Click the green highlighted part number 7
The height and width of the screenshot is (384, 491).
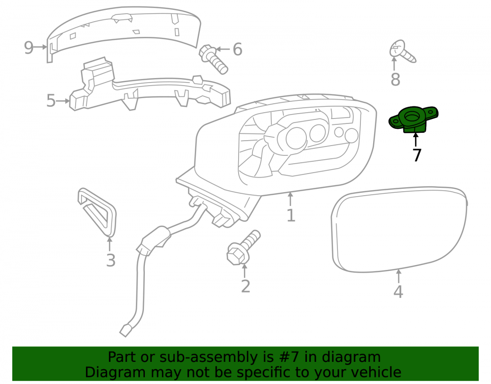413,119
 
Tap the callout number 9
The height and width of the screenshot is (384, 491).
28,48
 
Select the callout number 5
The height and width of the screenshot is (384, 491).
51,101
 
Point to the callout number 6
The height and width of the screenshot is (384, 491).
238,50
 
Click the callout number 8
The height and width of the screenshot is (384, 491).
395,79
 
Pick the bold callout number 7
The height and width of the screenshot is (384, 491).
417,155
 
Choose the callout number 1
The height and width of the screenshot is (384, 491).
291,216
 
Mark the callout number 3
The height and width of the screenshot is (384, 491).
110,261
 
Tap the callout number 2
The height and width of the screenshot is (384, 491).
245,287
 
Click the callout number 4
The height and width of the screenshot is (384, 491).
398,292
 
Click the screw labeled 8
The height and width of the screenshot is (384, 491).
403,52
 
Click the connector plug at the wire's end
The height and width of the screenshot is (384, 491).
126,330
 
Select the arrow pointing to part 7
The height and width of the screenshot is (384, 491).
415,140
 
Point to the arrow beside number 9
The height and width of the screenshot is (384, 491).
40,47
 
